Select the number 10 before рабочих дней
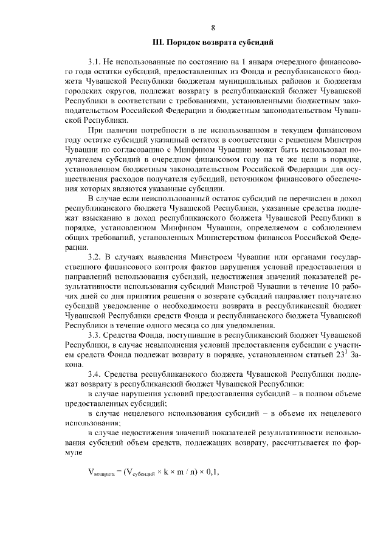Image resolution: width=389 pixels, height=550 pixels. pyautogui.click(x=343, y=286)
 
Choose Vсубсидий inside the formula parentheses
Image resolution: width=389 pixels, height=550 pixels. pyautogui.click(x=140, y=472)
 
